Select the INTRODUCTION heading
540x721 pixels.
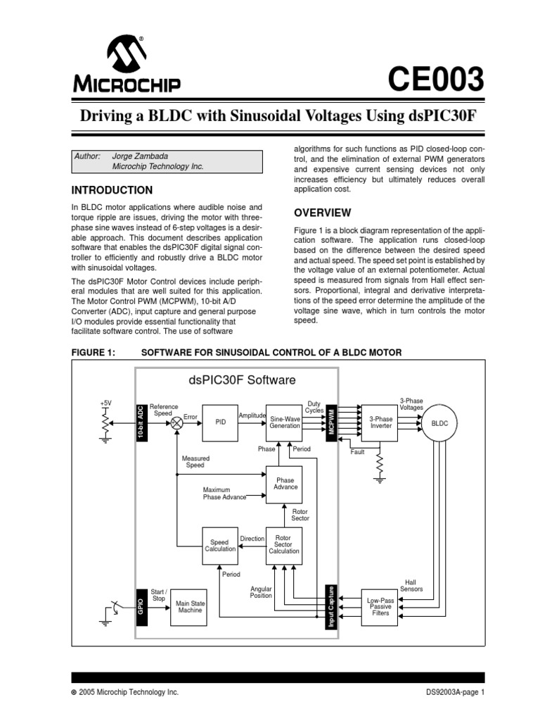pyautogui.click(x=112, y=190)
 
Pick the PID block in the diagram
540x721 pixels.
pyautogui.click(x=220, y=422)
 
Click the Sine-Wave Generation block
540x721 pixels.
pyautogui.click(x=285, y=422)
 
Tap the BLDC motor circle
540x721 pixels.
pyautogui.click(x=439, y=422)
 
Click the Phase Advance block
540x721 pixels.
pyautogui.click(x=285, y=484)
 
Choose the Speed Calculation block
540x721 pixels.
pyautogui.click(x=220, y=546)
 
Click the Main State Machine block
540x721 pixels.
pyautogui.click(x=188, y=606)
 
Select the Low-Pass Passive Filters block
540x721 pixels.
pyautogui.click(x=380, y=606)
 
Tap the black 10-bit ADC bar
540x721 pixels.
pyautogui.click(x=141, y=422)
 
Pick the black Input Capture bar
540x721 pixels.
pyautogui.click(x=330, y=606)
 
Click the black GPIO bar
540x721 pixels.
pyautogui.click(x=141, y=607)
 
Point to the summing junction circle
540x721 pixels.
pyautogui.click(x=176, y=423)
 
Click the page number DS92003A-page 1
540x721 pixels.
pyautogui.click(x=455, y=692)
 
